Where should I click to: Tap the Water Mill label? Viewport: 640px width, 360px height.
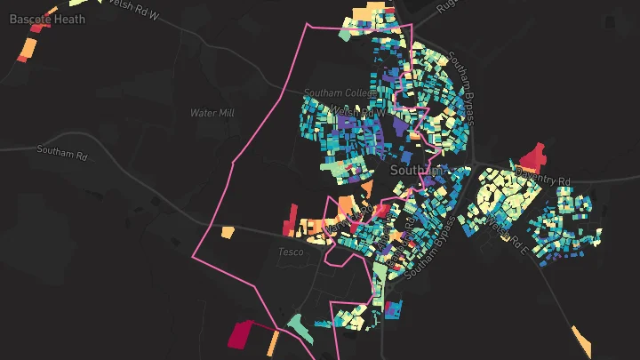[211, 113]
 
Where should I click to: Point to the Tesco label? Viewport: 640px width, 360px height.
[291, 252]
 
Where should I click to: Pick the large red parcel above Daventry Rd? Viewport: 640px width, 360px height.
[533, 158]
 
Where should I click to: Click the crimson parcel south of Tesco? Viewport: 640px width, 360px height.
[241, 335]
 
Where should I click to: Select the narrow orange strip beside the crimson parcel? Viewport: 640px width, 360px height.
[274, 342]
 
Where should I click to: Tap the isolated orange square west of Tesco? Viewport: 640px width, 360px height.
[228, 232]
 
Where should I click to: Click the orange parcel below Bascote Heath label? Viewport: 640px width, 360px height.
[26, 49]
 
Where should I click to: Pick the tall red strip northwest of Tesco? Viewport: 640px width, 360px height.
[291, 219]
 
